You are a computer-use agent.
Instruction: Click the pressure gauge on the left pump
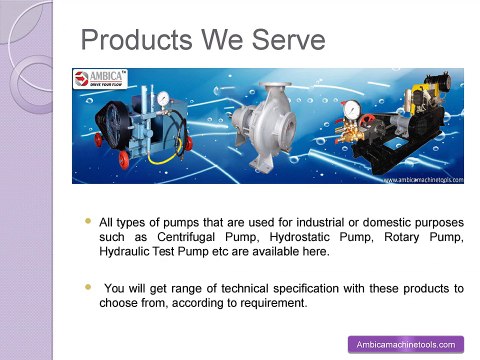click(162, 98)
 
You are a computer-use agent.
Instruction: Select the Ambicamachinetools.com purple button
click(405, 344)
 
